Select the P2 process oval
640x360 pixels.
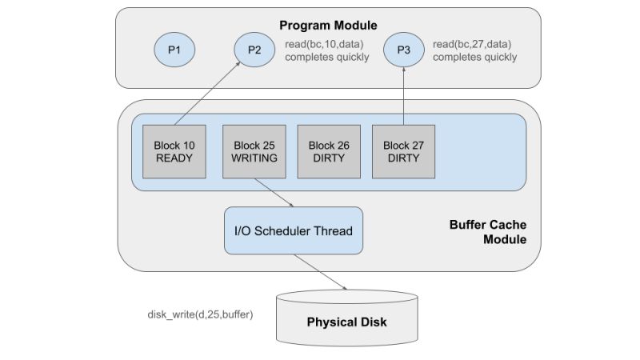[254, 50]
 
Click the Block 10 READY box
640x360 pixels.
[174, 152]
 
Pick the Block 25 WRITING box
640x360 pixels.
[254, 152]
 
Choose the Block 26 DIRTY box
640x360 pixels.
[329, 152]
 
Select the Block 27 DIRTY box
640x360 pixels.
[404, 152]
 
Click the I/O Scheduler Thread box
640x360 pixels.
[293, 231]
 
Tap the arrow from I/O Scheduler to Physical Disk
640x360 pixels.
[320, 272]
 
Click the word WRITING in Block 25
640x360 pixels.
[254, 158]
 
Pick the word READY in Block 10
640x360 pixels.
[174, 158]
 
